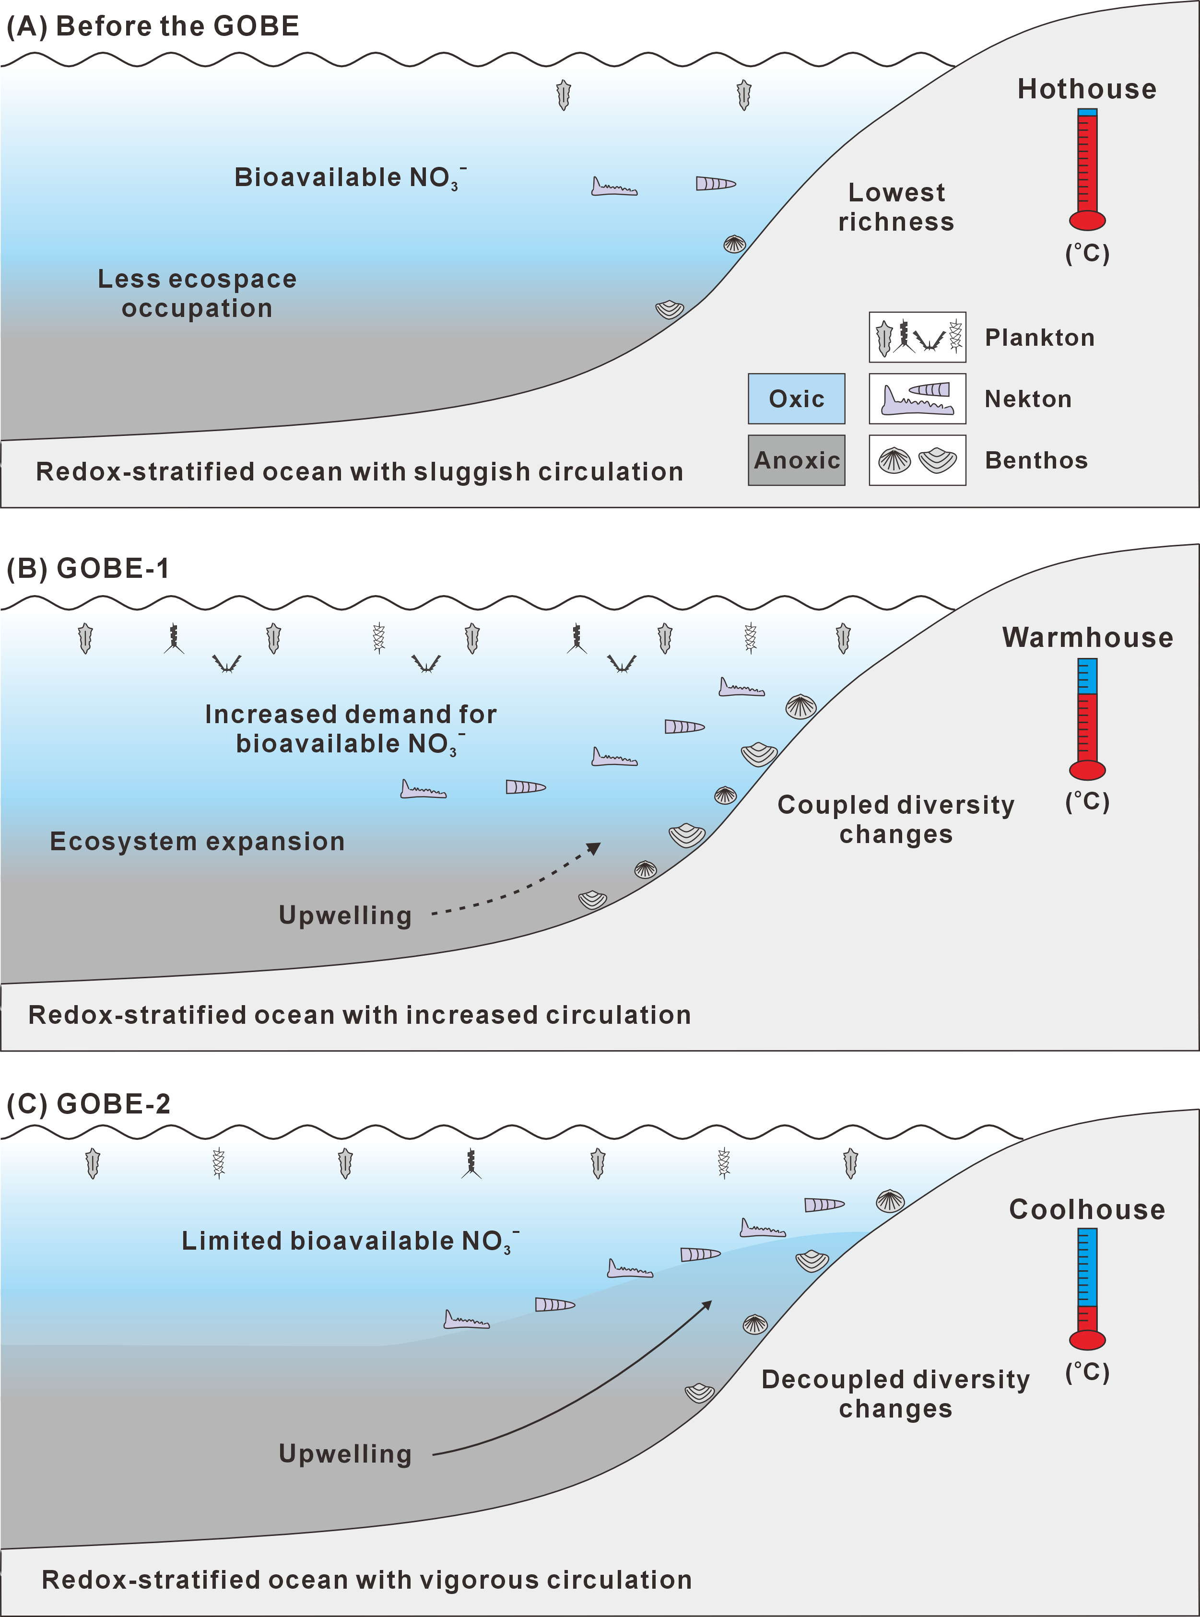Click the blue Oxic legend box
point(796,398)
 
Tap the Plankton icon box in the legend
point(918,337)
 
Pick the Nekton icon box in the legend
point(918,398)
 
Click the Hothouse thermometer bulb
point(1087,220)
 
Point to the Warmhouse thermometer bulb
point(1087,770)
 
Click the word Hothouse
point(1087,89)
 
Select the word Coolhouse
point(1087,1209)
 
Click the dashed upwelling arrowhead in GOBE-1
point(594,848)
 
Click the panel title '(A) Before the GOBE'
point(153,26)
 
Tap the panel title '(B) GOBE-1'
point(88,569)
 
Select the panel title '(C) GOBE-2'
point(88,1103)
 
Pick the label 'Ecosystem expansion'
point(197,841)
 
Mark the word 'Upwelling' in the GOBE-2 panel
point(345,1453)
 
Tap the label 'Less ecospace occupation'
point(197,293)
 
